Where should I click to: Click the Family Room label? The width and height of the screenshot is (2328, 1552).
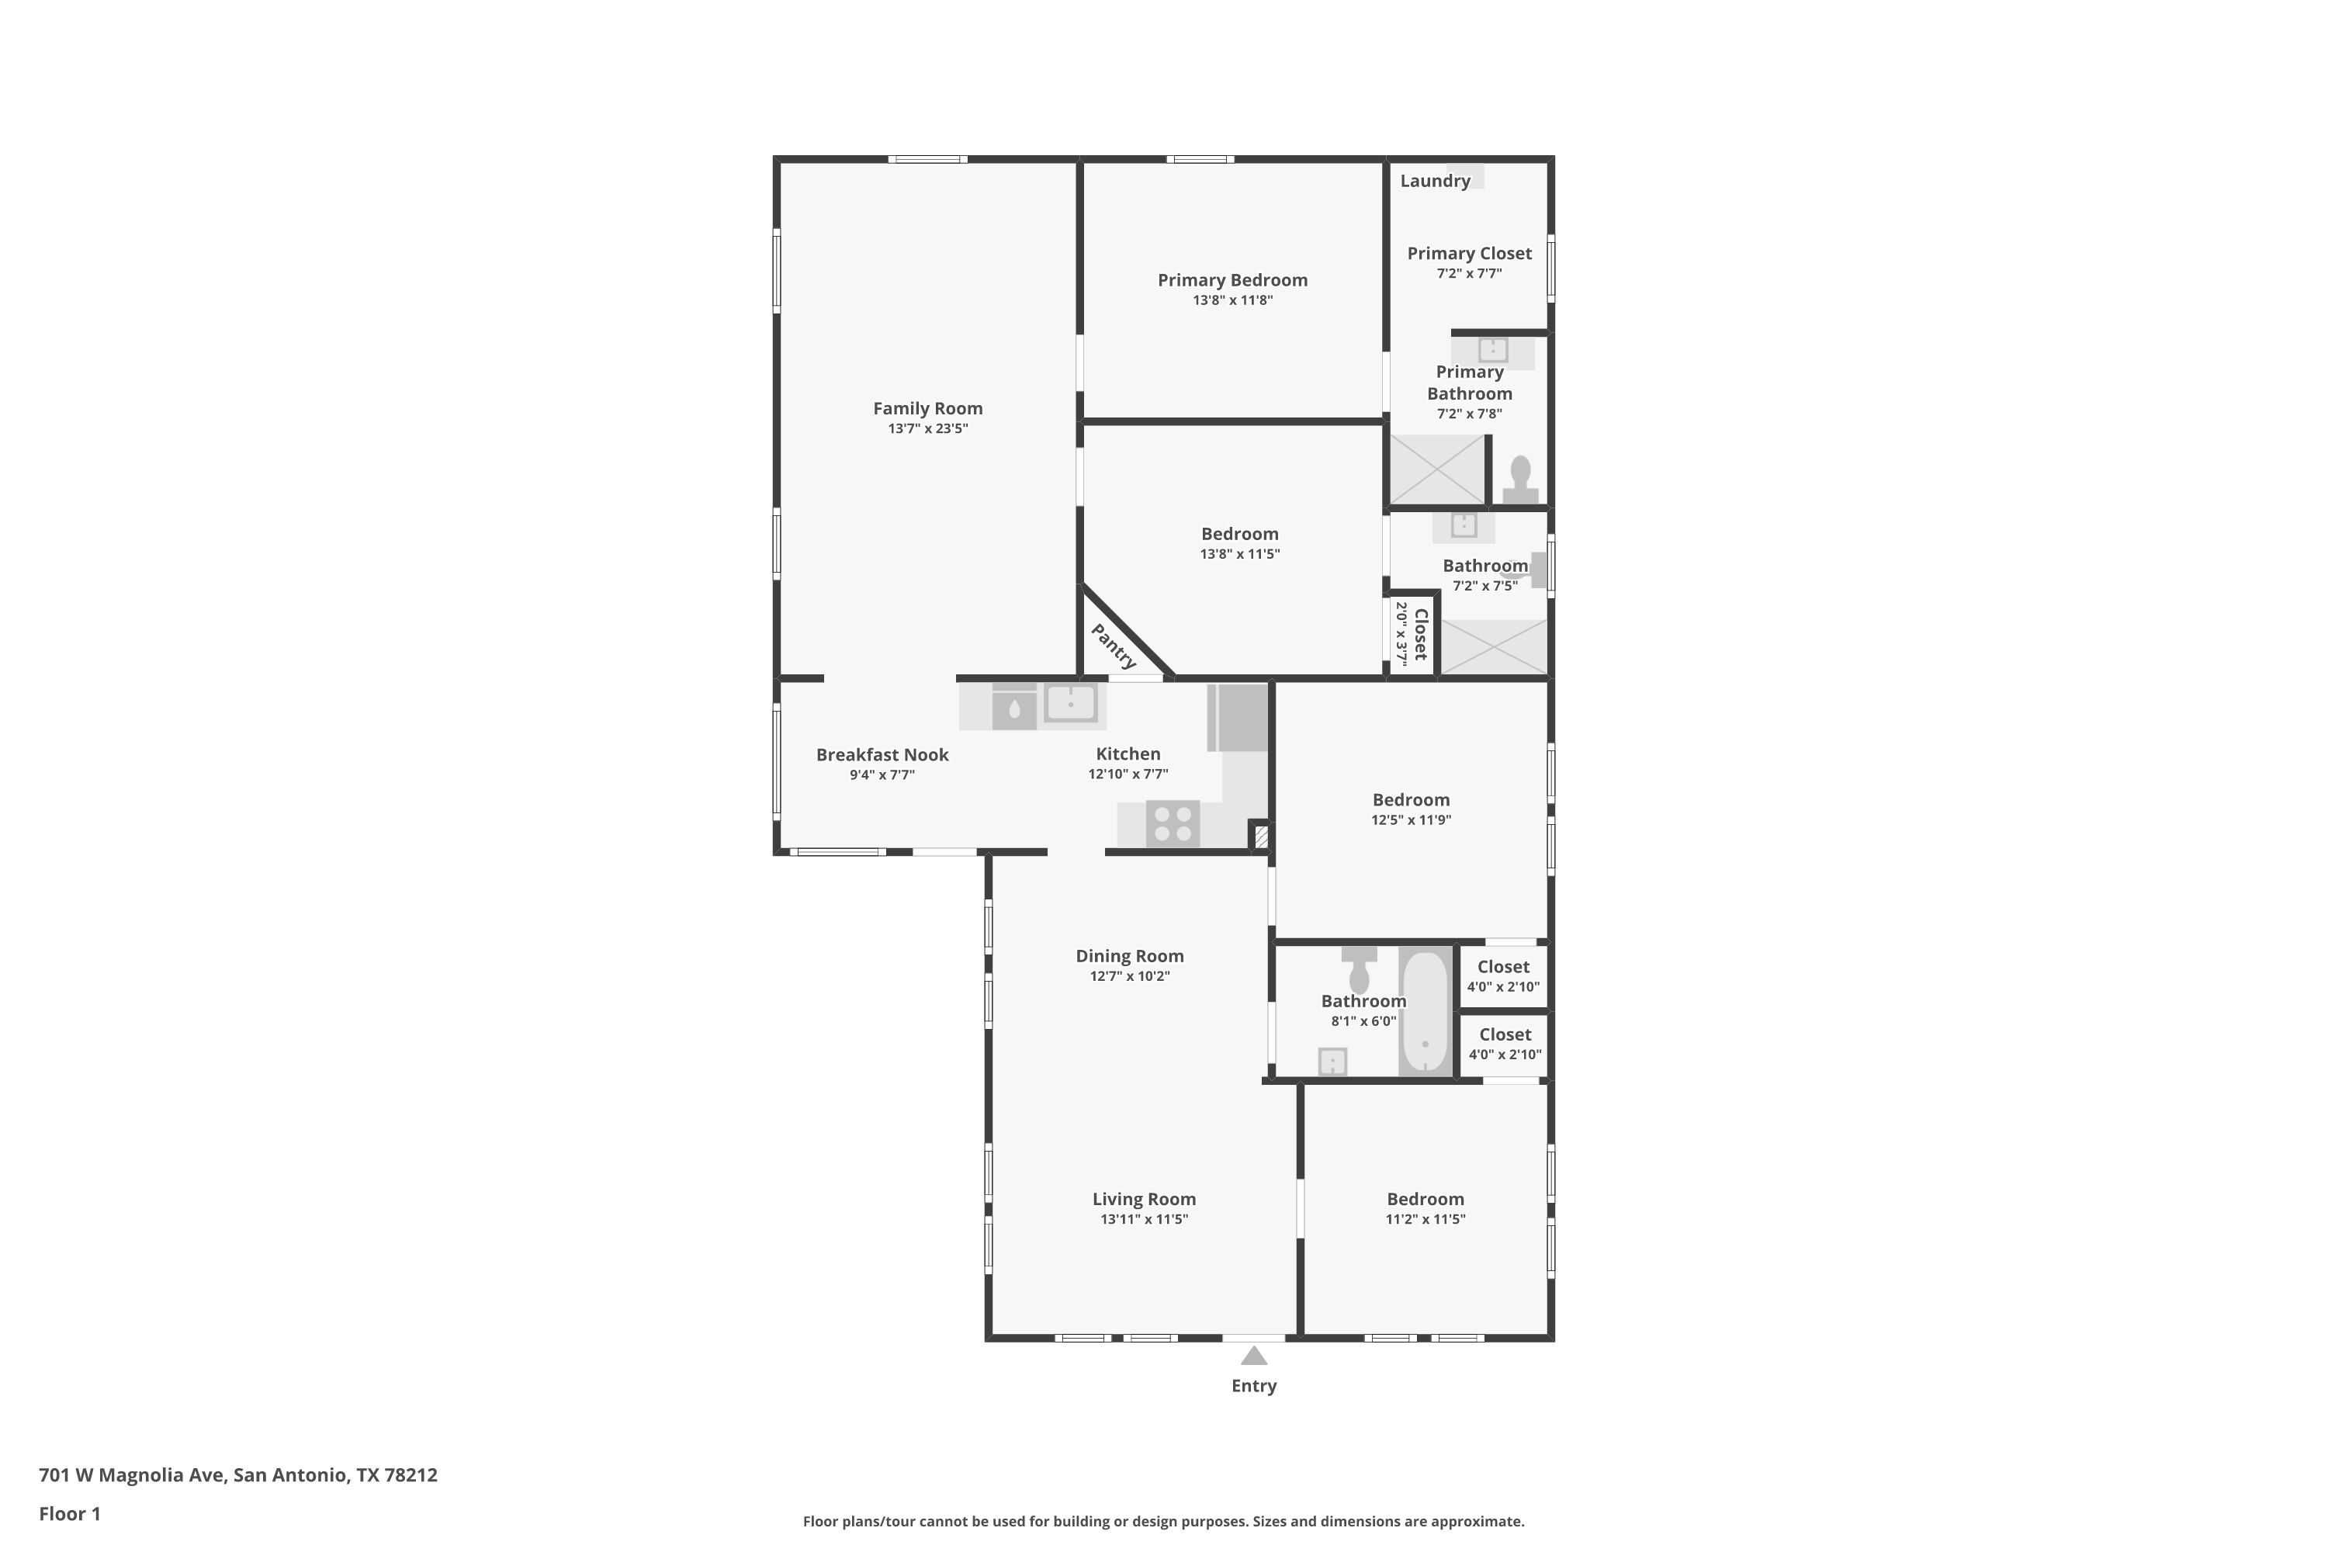(927, 408)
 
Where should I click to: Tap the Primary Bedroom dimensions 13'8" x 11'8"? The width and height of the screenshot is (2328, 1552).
(1232, 300)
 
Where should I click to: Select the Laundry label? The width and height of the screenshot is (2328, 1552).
(1434, 180)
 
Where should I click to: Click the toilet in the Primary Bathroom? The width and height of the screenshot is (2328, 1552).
(1520, 480)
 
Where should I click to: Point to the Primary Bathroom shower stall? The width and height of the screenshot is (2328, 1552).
(1437, 469)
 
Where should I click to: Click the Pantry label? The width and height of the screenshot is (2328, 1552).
(1114, 646)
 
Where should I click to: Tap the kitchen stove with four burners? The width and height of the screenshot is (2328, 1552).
(1173, 823)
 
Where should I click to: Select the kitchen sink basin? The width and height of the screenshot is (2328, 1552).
(1070, 703)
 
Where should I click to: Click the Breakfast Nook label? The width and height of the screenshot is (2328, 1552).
(882, 754)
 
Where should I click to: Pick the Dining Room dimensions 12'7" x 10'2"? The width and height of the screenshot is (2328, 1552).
(1129, 976)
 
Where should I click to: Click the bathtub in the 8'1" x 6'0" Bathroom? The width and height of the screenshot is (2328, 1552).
(1424, 1010)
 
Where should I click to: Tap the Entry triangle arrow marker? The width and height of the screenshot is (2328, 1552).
(1254, 1356)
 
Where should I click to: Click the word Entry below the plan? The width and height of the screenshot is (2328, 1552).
(1254, 1386)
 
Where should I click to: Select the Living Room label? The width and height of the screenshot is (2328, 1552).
(1144, 1199)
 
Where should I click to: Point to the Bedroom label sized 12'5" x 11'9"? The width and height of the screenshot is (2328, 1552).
(1411, 800)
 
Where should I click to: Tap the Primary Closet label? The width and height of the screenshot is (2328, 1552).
(1469, 254)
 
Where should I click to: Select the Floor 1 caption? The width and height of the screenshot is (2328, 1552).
(69, 1513)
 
